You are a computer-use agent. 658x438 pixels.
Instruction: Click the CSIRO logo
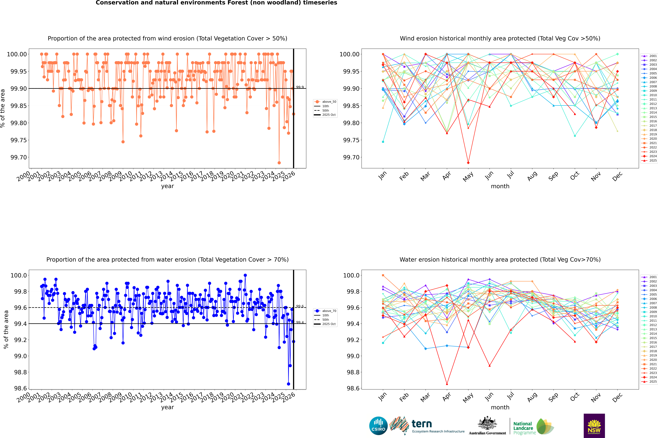click(x=378, y=426)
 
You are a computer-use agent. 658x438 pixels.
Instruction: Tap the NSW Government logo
click(x=594, y=426)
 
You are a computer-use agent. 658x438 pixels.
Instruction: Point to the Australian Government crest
click(x=487, y=424)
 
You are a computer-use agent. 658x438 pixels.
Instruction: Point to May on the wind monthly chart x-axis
click(x=468, y=177)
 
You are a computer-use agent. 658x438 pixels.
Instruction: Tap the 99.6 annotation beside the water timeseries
click(x=300, y=306)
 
